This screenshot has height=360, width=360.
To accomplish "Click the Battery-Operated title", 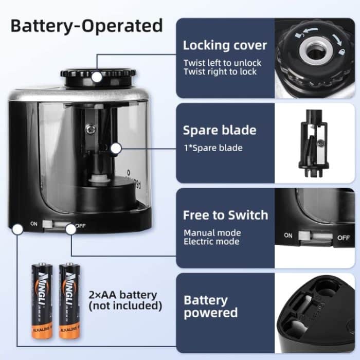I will [86, 25].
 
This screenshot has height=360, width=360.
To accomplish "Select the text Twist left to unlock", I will [222, 63].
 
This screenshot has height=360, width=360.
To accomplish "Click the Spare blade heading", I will [220, 130].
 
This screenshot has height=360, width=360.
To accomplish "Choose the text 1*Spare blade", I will [213, 148].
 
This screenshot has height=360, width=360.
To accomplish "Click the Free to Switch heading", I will [225, 215].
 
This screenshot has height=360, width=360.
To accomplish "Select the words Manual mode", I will [212, 232].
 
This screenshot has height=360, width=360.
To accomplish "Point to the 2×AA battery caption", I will [122, 300].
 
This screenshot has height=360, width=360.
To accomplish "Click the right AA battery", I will [68, 300].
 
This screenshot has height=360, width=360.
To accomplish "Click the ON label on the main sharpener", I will [34, 224].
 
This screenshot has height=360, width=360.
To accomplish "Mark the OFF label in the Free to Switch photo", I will [344, 237].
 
